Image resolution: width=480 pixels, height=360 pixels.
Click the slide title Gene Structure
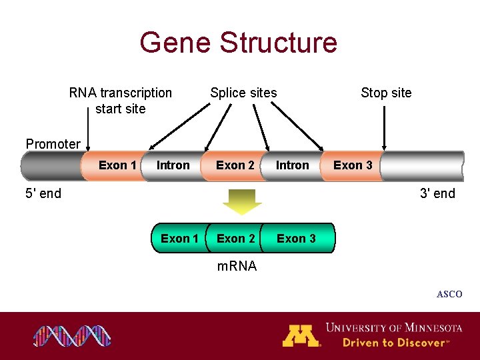tap(239, 43)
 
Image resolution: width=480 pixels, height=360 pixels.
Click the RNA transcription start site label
tap(120, 101)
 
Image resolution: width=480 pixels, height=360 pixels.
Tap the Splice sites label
tap(243, 93)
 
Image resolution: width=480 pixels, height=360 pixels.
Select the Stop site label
tap(386, 93)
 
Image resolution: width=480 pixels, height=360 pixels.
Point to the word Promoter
tap(53, 144)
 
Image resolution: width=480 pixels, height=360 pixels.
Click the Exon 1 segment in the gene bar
tap(117, 165)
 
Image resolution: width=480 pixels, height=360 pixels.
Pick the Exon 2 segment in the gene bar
tap(235, 165)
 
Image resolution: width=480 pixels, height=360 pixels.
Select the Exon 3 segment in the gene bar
tap(353, 165)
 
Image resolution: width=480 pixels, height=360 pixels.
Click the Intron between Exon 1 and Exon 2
tap(173, 165)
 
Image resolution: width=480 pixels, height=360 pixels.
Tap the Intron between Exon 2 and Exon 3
tap(293, 165)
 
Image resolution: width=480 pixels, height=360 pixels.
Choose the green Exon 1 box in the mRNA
tap(179, 239)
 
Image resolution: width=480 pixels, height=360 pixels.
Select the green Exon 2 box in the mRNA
tap(235, 239)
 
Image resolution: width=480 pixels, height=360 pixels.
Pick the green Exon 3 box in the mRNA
tap(297, 239)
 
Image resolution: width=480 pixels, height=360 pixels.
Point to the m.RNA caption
tap(237, 267)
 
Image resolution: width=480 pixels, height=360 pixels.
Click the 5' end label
tap(43, 194)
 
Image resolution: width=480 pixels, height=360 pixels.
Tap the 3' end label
tap(437, 194)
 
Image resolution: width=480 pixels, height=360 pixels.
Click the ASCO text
tap(449, 294)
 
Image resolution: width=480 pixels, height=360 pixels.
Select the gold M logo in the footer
tap(301, 335)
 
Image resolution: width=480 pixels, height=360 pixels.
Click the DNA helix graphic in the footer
tap(72, 336)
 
